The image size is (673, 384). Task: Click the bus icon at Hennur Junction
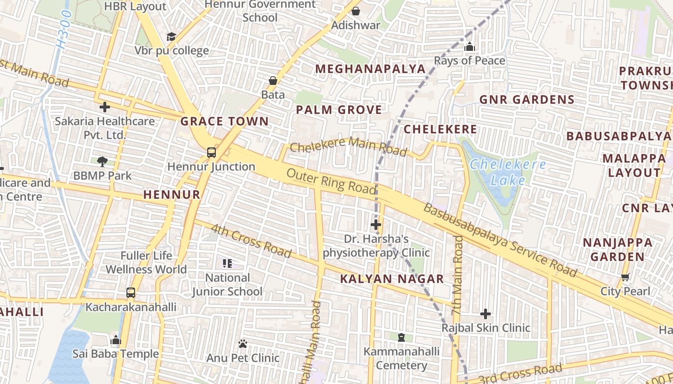click(211, 153)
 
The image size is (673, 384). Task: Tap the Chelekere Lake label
click(508, 172)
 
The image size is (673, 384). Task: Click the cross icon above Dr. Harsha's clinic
click(376, 224)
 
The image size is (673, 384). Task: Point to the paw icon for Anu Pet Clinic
click(243, 344)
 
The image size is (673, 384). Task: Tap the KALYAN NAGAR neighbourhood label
click(392, 279)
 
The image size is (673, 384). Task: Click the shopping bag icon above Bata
click(273, 81)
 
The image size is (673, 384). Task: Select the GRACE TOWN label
click(224, 121)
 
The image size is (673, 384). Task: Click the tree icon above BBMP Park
click(102, 161)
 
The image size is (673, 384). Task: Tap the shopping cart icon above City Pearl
click(625, 277)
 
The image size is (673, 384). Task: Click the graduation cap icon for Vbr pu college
click(171, 36)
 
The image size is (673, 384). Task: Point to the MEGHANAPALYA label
click(370, 69)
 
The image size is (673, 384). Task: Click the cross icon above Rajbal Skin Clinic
click(486, 314)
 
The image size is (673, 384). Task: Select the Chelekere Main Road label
click(349, 146)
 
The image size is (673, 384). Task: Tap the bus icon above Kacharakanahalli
click(130, 292)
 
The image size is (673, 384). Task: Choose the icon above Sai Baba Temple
click(115, 340)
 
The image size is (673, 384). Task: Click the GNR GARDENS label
click(527, 100)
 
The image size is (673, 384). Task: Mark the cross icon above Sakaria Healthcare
click(104, 107)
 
